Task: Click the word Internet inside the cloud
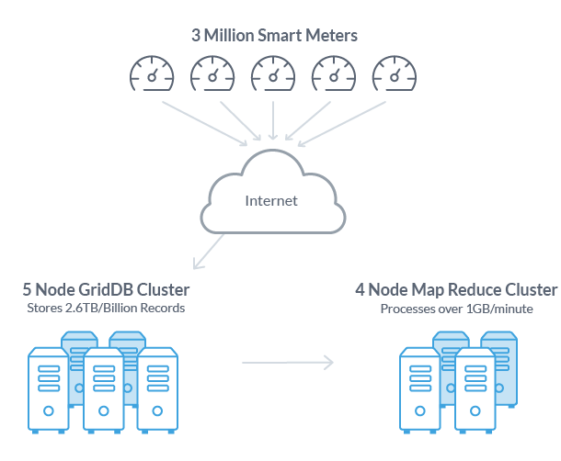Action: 271,201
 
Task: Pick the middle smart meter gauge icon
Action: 273,74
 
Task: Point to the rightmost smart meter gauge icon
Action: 395,74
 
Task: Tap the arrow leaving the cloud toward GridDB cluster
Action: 209,252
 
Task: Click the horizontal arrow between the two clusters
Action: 287,363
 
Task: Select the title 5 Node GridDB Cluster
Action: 106,290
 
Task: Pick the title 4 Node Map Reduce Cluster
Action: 456,290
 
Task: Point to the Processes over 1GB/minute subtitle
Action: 106,309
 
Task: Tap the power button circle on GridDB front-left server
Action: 49,410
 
